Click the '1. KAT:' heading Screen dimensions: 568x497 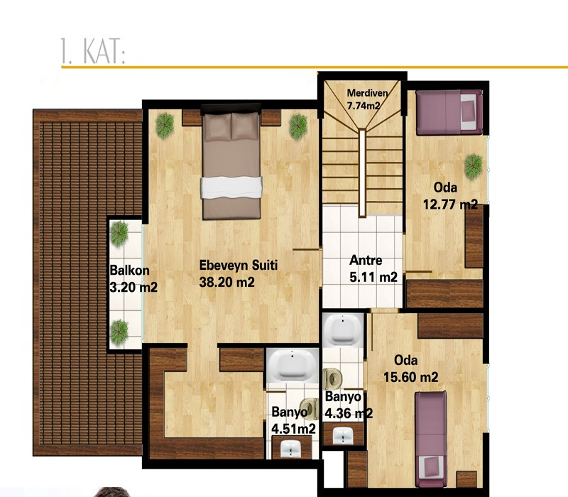pyautogui.click(x=93, y=51)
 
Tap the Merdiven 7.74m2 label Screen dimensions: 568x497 pyautogui.click(x=367, y=99)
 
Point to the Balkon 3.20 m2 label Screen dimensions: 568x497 pyautogui.click(x=133, y=278)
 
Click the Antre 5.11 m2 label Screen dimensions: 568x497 pyautogui.click(x=373, y=269)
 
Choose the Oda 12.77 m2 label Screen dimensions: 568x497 pyautogui.click(x=451, y=196)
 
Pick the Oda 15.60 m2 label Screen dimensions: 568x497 pyautogui.click(x=411, y=368)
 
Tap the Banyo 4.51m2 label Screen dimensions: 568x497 pyautogui.click(x=293, y=420)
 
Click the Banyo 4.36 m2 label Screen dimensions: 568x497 pyautogui.click(x=349, y=405)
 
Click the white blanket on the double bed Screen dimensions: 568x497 pyautogui.click(x=231, y=187)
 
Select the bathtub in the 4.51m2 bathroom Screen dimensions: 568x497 pyautogui.click(x=292, y=365)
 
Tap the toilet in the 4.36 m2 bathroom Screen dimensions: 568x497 pyautogui.click(x=332, y=379)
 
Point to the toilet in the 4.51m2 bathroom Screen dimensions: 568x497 pyautogui.click(x=309, y=409)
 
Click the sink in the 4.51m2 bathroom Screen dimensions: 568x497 pyautogui.click(x=292, y=449)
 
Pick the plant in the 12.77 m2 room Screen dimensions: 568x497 pyautogui.click(x=474, y=167)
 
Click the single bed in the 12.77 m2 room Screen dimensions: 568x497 pyautogui.click(x=449, y=112)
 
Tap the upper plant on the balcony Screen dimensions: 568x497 pyautogui.click(x=119, y=234)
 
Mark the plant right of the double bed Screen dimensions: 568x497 pyautogui.click(x=298, y=126)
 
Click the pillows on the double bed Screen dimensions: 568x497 pyautogui.click(x=231, y=127)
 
